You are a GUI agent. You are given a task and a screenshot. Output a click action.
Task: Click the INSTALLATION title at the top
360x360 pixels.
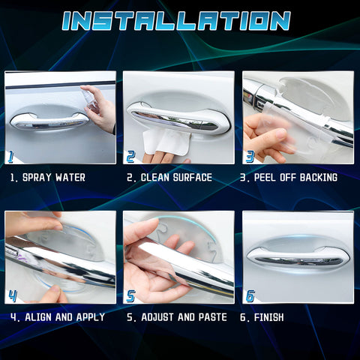pyautogui.click(x=176, y=21)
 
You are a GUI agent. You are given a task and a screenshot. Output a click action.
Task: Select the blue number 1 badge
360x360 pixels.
pyautogui.click(x=10, y=156)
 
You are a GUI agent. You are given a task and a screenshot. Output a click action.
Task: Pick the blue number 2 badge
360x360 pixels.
pyautogui.click(x=130, y=157)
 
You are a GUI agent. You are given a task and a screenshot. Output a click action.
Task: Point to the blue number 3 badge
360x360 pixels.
pyautogui.click(x=250, y=157)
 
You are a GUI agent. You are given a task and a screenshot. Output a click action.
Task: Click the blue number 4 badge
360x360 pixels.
pyautogui.click(x=13, y=296)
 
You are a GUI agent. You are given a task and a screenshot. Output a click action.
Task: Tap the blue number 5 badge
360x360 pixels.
pyautogui.click(x=130, y=296)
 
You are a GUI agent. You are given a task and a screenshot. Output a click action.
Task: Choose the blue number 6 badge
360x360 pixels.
pyautogui.click(x=250, y=296)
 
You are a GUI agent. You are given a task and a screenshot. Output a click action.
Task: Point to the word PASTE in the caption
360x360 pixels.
pyautogui.click(x=213, y=317)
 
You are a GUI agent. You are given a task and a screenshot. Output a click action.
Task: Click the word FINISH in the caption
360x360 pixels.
pyautogui.click(x=268, y=317)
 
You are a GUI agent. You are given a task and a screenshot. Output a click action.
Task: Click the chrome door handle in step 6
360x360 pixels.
pyautogui.click(x=298, y=257)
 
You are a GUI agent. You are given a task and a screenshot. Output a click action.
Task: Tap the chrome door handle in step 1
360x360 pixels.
pyautogui.click(x=49, y=121)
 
